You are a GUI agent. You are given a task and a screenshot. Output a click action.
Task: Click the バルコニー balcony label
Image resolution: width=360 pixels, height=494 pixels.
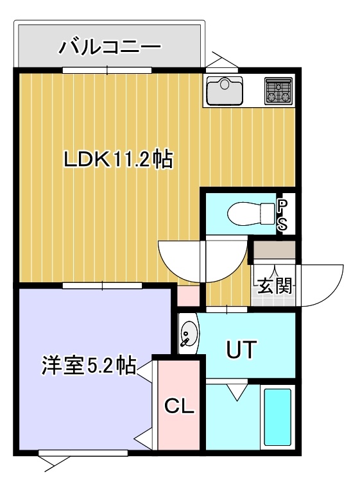click(x=110, y=47)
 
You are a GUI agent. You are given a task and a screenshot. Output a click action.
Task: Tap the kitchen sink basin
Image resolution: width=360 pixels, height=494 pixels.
click(x=225, y=90)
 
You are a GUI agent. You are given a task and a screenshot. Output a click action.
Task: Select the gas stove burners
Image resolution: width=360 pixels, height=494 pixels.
click(x=279, y=90)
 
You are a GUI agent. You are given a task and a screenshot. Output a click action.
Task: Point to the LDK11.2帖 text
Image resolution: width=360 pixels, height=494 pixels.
click(x=119, y=159)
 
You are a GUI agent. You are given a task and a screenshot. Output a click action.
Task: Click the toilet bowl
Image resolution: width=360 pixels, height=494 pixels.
click(x=252, y=214)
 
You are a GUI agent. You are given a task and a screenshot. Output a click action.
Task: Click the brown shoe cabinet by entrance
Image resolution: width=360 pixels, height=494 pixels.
click(x=274, y=250)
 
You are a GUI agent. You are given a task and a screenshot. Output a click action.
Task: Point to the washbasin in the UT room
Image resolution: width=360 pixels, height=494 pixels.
click(x=189, y=334)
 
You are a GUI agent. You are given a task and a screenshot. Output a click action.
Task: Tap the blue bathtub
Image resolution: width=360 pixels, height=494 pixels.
click(x=277, y=417)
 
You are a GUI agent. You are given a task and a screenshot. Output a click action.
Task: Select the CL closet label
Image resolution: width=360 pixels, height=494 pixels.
click(x=179, y=406)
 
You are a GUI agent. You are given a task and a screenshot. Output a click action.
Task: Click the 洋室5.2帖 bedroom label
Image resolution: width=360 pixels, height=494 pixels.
click(x=89, y=365)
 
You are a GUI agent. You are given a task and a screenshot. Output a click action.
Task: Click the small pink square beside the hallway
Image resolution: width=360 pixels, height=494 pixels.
click(x=188, y=296)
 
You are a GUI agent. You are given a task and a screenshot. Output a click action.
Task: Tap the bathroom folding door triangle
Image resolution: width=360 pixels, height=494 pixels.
click(x=237, y=391)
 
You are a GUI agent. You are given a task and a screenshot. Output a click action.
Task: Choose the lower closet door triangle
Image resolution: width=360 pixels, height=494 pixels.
click(x=144, y=438)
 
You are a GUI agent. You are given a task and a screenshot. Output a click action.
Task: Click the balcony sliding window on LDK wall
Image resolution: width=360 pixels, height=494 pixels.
click(x=107, y=70)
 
